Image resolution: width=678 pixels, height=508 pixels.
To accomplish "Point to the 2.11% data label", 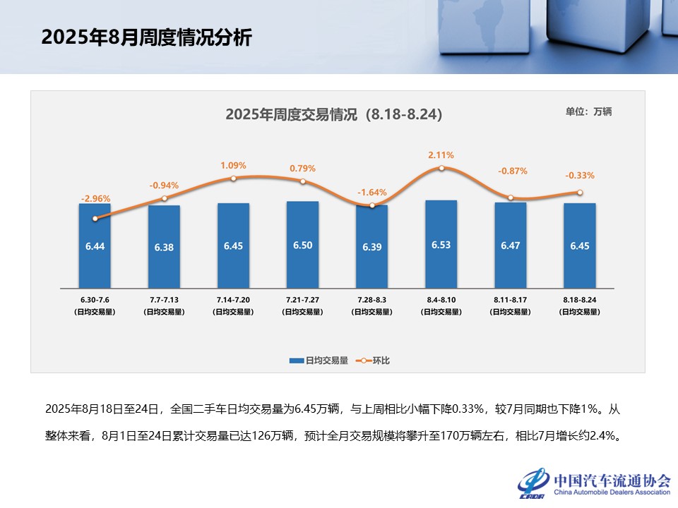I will point(441,155).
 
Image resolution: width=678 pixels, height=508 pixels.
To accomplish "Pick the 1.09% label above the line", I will point(233,166).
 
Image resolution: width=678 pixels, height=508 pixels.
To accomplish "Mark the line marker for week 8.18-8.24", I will point(580,193).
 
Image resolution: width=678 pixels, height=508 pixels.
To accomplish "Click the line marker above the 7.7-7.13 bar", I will point(164,198).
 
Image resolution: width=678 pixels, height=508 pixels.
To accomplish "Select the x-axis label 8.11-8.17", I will point(510,300).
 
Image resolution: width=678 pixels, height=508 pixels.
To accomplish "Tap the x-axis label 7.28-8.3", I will point(371,300).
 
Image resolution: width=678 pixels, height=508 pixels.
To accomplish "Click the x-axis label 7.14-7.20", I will point(233,300).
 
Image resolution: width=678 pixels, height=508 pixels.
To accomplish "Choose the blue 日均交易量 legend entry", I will point(319,361).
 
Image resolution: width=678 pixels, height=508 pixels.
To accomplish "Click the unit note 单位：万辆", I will point(588,111).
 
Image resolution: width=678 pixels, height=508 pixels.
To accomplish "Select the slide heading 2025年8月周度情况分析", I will point(146,38).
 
